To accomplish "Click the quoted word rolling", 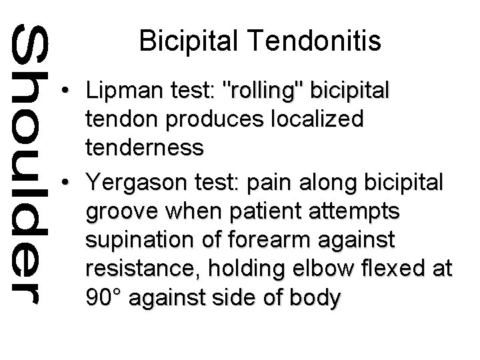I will [267, 90].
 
